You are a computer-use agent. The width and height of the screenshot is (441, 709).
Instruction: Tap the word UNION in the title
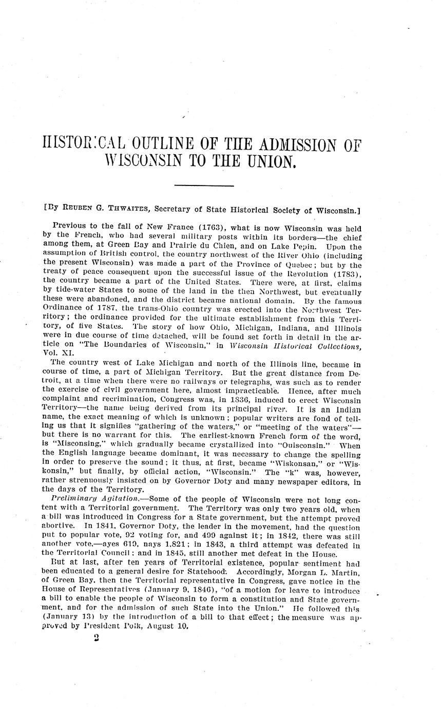tap(272, 162)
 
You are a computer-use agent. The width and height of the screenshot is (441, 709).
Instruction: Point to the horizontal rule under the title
tap(204, 185)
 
